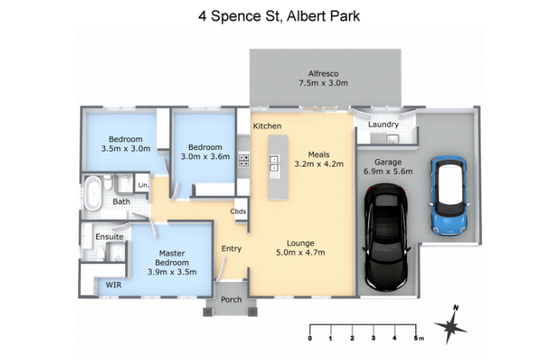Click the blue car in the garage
[x=449, y=196]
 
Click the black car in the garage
[x=386, y=238]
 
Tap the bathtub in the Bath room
[x=93, y=193]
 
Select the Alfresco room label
[x=323, y=73]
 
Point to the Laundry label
[x=383, y=124]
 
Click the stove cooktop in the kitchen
[x=244, y=160]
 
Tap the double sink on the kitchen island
[x=274, y=163]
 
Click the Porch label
[x=231, y=299]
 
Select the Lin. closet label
[x=144, y=185]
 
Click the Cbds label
[x=238, y=211]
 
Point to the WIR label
[x=113, y=285]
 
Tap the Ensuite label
[x=109, y=236]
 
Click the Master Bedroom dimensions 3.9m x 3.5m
[x=172, y=272]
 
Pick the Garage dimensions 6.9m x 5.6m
[x=388, y=171]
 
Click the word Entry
[x=232, y=248]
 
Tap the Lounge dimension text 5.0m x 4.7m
[x=301, y=253]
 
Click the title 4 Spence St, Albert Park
[x=279, y=16]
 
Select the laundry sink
[x=392, y=139]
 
